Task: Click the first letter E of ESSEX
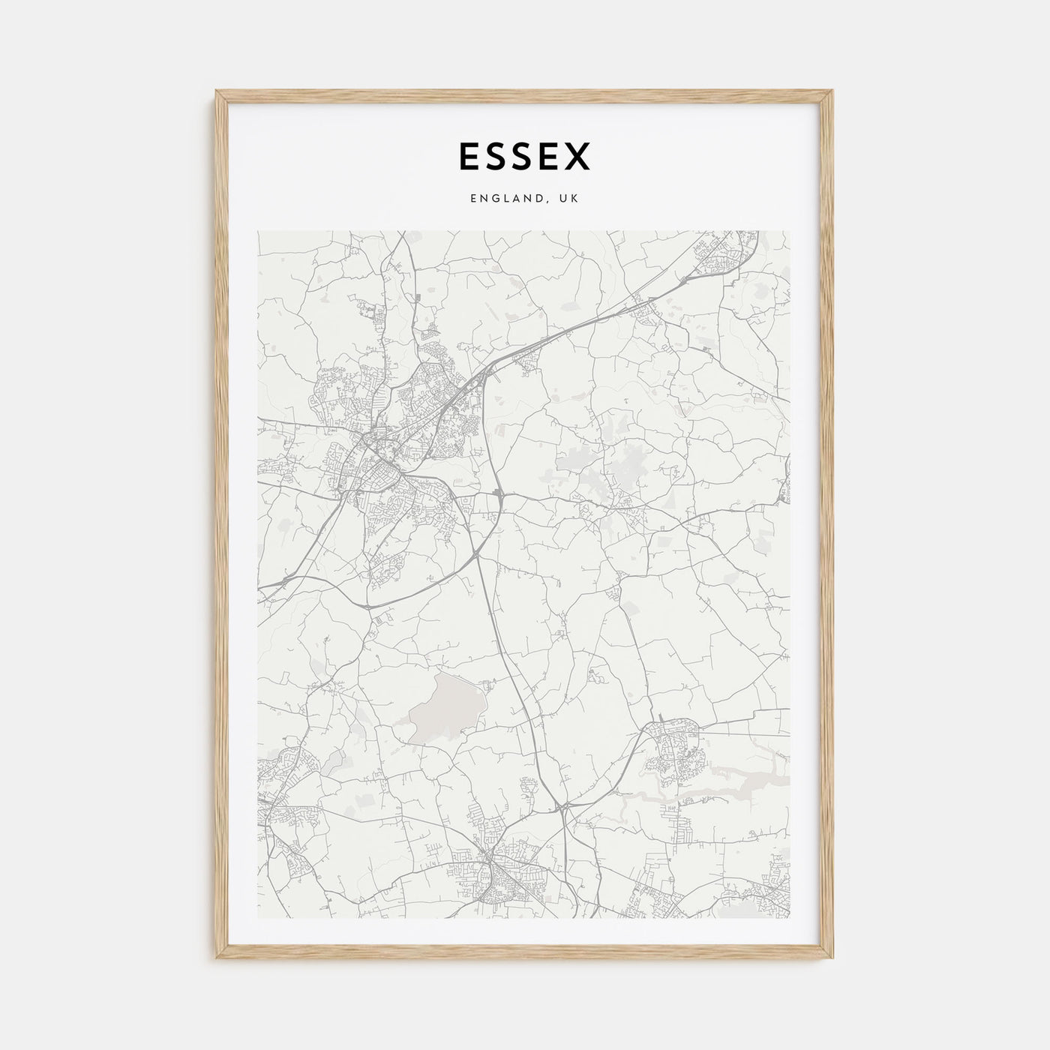(x=468, y=156)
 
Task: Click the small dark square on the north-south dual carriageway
(x=499, y=493)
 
